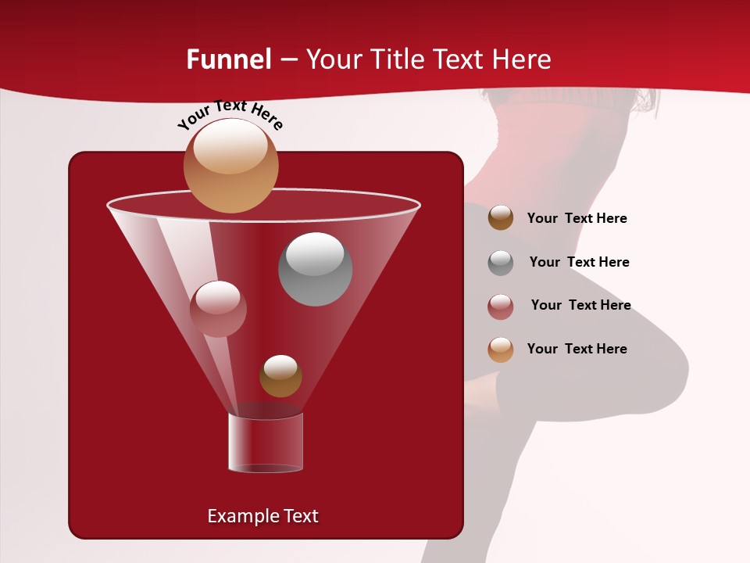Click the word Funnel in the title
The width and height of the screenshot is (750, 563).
point(229,59)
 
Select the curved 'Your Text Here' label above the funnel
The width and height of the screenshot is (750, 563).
point(230,114)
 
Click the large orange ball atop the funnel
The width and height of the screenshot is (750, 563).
point(230,165)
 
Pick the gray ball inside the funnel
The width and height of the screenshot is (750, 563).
point(316,269)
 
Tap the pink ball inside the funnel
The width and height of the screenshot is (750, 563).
point(218,309)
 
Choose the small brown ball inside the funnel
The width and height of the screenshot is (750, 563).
point(280,376)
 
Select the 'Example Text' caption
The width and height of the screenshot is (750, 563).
point(263,516)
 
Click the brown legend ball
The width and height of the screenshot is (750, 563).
point(501,218)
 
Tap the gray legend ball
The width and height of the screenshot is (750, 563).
point(501,263)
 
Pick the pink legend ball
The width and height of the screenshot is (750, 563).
point(501,307)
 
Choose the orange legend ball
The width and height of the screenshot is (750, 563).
point(501,350)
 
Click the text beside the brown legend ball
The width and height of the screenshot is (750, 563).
point(577,219)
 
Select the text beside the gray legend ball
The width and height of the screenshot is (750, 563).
point(579,263)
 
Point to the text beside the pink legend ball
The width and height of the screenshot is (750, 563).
point(580,306)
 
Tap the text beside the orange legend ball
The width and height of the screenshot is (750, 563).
point(577,350)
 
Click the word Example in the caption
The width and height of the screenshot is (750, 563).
point(237,516)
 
